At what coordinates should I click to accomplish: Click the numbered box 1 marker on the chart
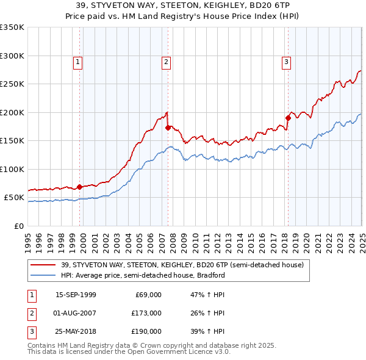tap(79, 61)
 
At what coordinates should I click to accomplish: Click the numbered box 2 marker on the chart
tap(167, 61)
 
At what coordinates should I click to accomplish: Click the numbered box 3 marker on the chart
tap(286, 61)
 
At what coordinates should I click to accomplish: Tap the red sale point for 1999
tap(79, 187)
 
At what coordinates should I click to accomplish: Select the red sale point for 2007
tap(168, 128)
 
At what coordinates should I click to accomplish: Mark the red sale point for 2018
tap(288, 118)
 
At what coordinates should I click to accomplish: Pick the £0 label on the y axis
tap(18, 226)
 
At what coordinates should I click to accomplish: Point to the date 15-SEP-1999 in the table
tap(76, 295)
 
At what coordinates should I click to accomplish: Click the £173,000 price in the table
tap(147, 313)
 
